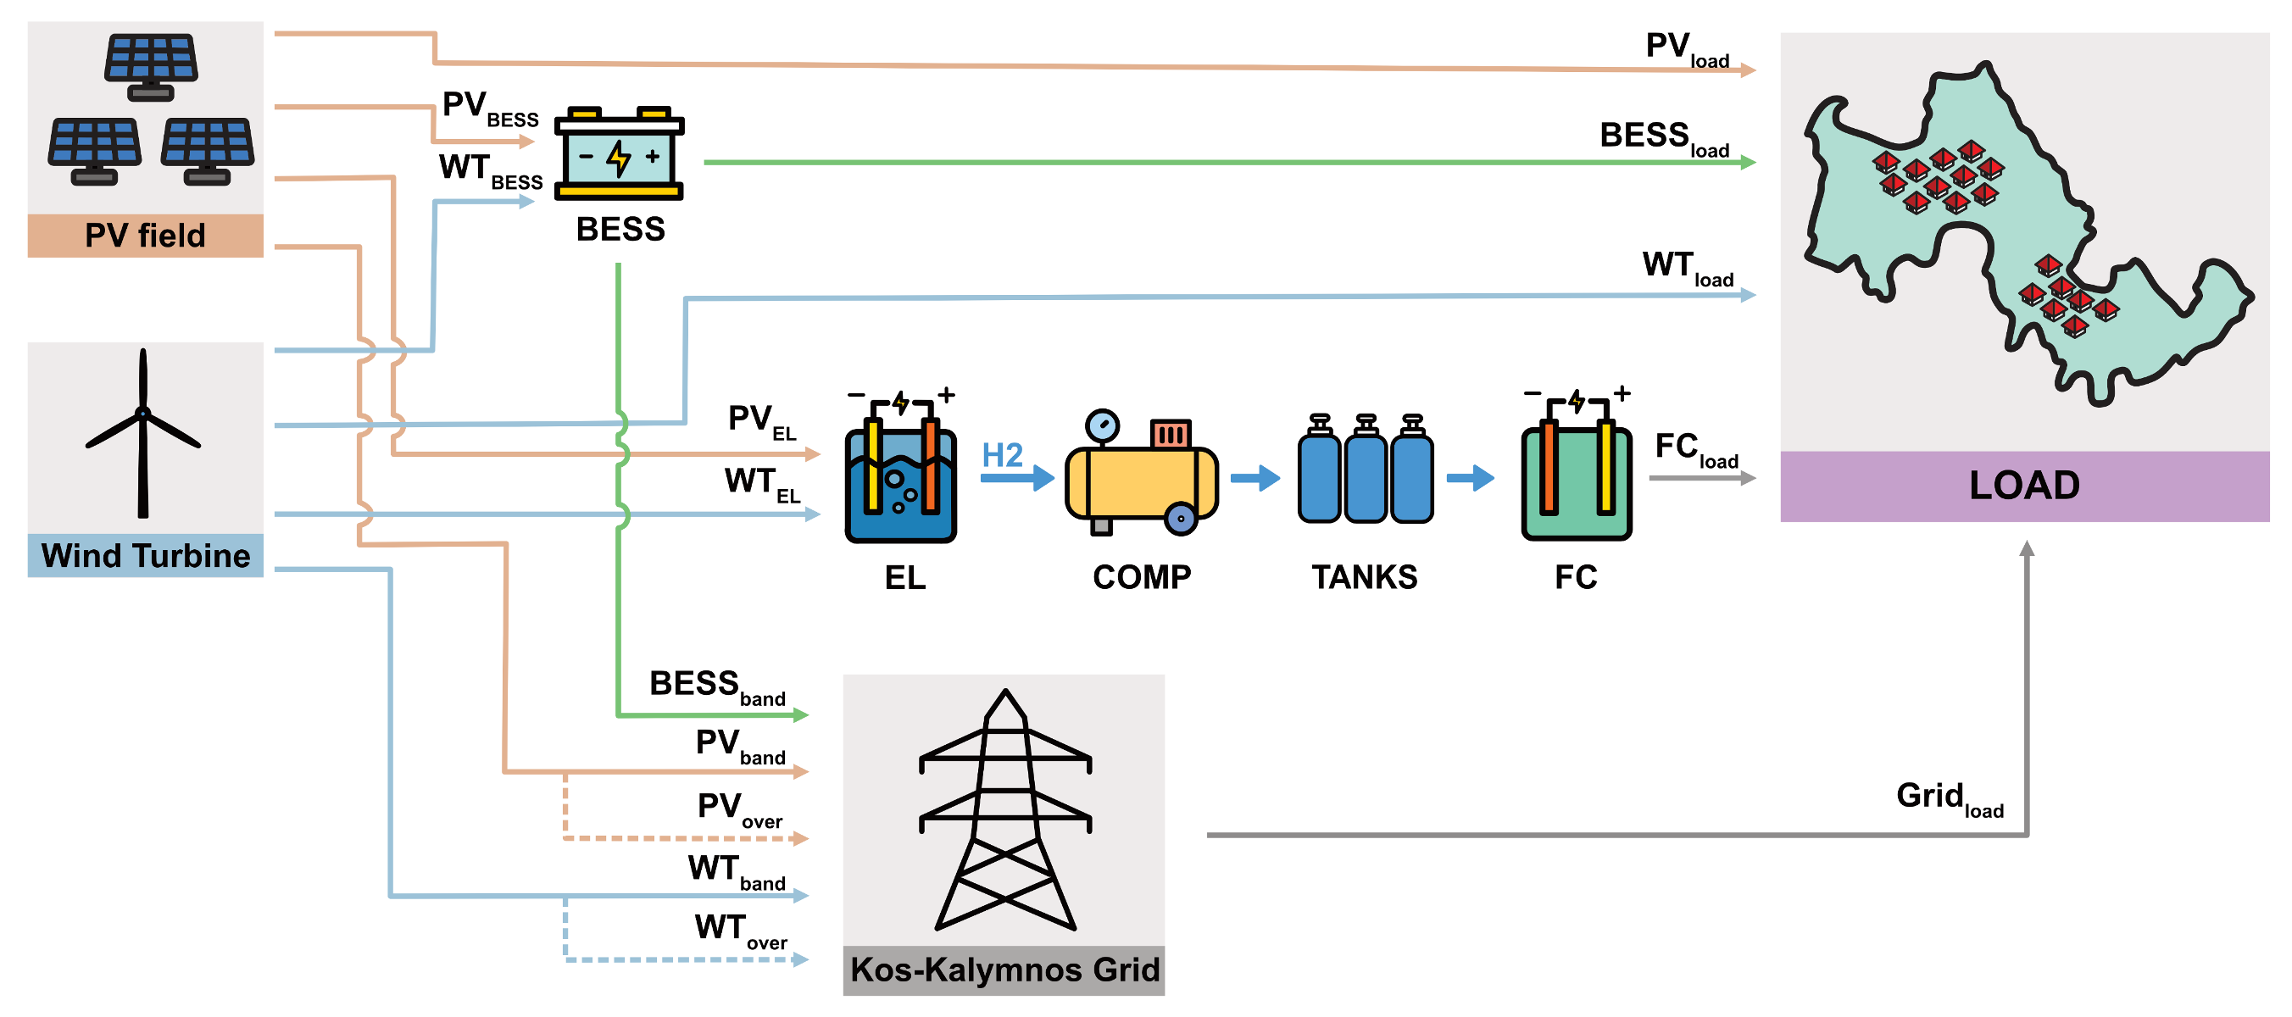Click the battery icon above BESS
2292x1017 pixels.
coord(620,155)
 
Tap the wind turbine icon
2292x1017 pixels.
coord(143,432)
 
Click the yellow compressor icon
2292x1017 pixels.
coord(1141,475)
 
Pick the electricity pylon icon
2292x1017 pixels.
coord(1005,809)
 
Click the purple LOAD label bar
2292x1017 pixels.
coord(2024,486)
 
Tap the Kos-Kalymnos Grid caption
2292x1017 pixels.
coord(1004,969)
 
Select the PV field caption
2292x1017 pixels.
coord(145,236)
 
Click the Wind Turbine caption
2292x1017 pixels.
coord(146,556)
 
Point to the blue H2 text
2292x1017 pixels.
coord(1003,456)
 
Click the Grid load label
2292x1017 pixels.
coord(1949,798)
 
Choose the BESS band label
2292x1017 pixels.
coord(717,686)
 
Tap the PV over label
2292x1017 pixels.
coord(739,809)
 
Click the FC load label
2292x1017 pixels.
coord(1696,448)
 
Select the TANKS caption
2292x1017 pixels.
coord(1364,577)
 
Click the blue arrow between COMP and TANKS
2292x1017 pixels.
coord(1255,478)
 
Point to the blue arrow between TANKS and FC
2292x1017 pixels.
coord(1471,478)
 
